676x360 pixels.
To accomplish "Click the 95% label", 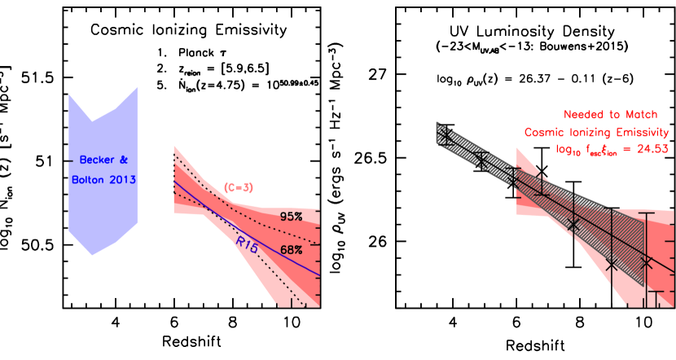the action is click(x=291, y=217).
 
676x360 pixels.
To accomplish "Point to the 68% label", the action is click(x=291, y=250).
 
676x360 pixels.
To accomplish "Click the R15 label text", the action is click(x=247, y=243).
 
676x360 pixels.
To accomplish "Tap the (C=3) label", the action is click(x=239, y=187).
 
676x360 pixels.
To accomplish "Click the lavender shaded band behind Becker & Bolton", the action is click(x=102, y=212).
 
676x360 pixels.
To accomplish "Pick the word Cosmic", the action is click(x=543, y=132).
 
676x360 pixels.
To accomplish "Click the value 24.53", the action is click(x=652, y=149).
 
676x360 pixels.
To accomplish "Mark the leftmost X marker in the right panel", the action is click(x=445, y=135).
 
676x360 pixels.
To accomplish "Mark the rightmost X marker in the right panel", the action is click(x=647, y=262).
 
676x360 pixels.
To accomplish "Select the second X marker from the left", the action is click(x=481, y=161).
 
